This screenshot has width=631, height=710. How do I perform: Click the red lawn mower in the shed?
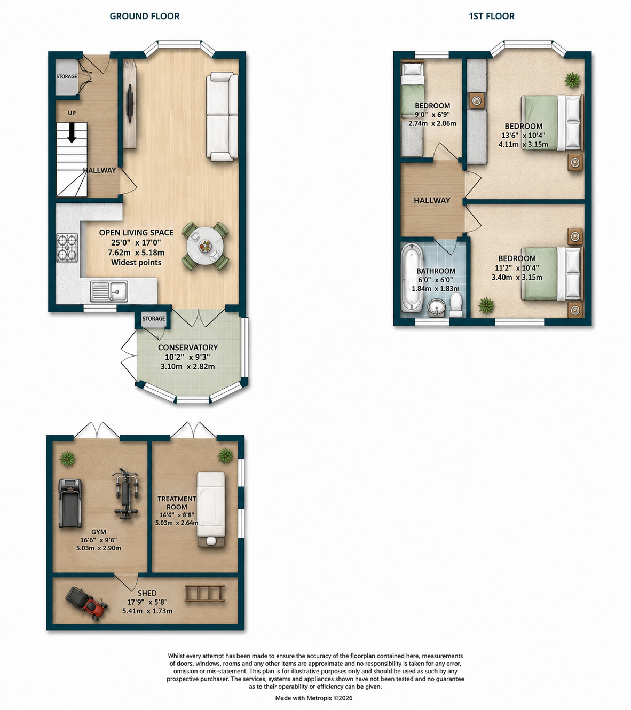[86, 604]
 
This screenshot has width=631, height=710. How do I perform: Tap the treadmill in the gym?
[70, 503]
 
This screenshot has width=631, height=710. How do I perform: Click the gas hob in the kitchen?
[67, 248]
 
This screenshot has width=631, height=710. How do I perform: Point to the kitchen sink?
[109, 291]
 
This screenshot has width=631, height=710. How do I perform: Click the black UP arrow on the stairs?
[72, 133]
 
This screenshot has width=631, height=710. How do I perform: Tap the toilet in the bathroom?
[456, 304]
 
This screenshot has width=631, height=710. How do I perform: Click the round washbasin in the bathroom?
[437, 307]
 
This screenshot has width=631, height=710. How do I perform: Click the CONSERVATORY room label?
[188, 348]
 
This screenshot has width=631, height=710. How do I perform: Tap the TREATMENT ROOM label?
[177, 503]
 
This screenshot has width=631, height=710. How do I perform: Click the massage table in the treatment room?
[211, 510]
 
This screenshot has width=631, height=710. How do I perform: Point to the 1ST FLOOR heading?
[492, 16]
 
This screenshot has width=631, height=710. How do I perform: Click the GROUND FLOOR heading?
[145, 16]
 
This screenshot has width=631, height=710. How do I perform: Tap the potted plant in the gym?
[67, 459]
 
